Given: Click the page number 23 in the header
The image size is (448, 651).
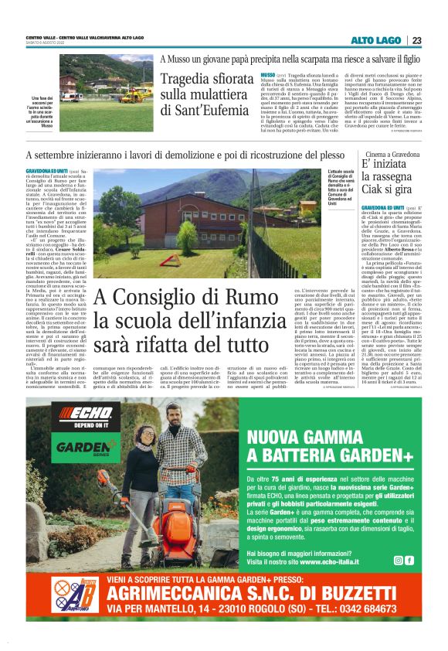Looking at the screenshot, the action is tap(416, 40).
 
